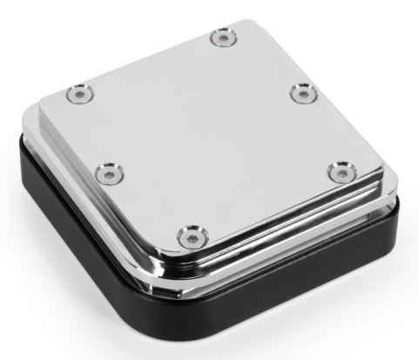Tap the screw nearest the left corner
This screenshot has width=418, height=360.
[80, 91]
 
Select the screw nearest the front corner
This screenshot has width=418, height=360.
[194, 233]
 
